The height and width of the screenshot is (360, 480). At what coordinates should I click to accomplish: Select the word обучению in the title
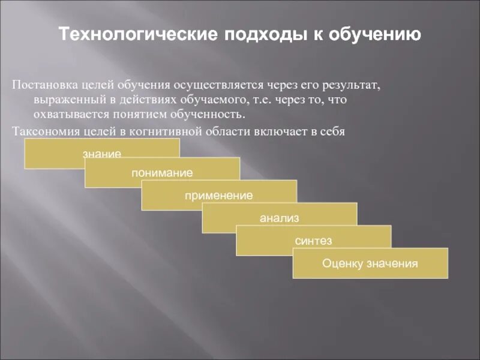tap(374, 34)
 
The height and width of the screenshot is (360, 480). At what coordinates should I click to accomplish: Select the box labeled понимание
tap(162, 173)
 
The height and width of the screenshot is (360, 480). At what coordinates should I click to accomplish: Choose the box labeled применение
tap(219, 196)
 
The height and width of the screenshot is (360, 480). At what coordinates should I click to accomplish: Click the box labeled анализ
tap(279, 218)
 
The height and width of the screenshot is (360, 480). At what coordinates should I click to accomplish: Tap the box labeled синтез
tap(313, 241)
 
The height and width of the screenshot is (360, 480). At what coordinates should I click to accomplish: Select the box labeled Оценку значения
tap(370, 263)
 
